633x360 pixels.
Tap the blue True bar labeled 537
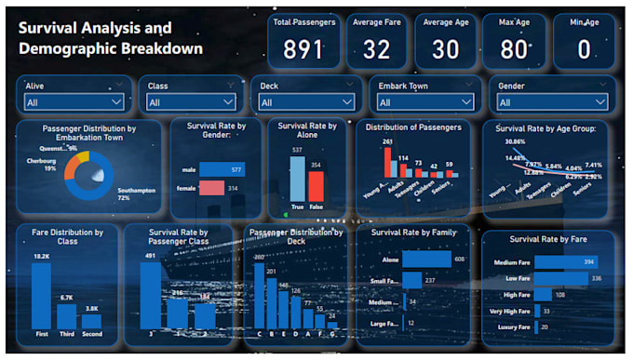[x=297, y=178]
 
